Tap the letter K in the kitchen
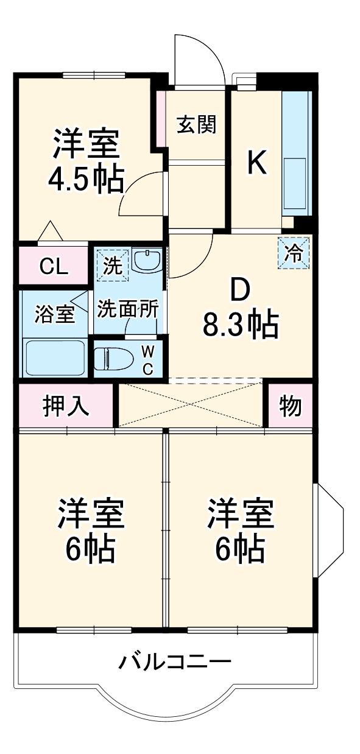tap(257, 163)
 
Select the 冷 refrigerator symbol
tap(294, 253)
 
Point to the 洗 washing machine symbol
tap(111, 264)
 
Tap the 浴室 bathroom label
tap(55, 315)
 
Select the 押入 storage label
tap(66, 406)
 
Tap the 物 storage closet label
tap(291, 406)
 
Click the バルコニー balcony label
tap(175, 661)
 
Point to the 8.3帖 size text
tap(241, 326)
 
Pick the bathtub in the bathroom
tap(54, 358)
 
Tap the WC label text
tap(147, 359)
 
